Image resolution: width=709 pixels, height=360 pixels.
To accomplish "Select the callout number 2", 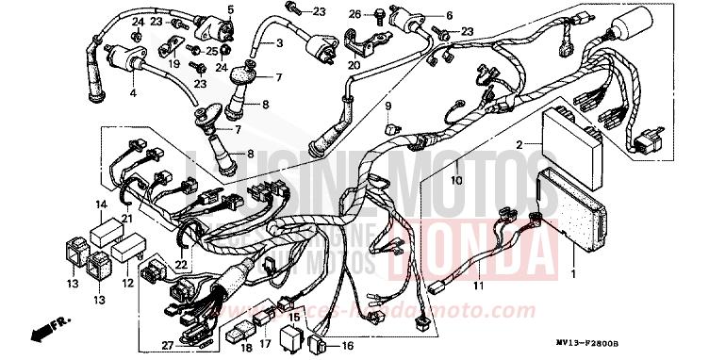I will (x=519, y=144).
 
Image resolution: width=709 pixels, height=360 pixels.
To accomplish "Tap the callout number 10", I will (x=455, y=179).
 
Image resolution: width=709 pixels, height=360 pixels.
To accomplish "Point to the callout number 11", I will (x=478, y=286).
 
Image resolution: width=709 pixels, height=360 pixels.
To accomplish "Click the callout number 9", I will (x=387, y=106).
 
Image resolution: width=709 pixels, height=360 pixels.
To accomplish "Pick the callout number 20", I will (x=354, y=65).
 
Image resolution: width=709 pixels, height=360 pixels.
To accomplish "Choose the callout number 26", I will (x=354, y=14).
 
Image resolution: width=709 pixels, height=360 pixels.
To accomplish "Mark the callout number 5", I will (x=230, y=10).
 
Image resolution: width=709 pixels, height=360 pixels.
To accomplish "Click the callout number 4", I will (x=133, y=92).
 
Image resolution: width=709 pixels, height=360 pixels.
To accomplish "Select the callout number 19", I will (x=174, y=64).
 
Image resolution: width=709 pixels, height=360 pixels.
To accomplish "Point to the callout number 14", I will (x=100, y=205).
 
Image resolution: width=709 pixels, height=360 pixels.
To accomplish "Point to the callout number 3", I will (x=280, y=44).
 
